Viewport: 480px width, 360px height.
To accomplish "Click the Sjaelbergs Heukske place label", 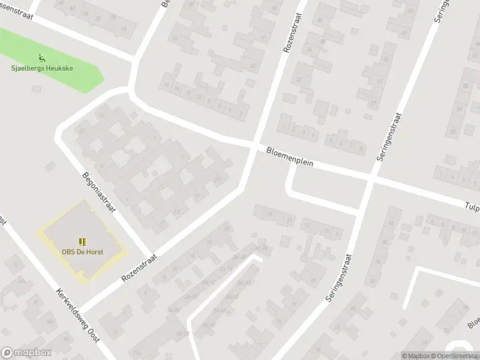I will click(42, 68).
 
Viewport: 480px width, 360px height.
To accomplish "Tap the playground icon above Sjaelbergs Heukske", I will click(41, 58).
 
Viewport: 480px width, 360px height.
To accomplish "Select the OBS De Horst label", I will click(82, 251).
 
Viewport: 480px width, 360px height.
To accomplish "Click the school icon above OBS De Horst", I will click(82, 242).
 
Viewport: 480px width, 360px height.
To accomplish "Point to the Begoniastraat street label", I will click(99, 197).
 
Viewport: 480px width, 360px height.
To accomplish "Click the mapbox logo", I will click(27, 353).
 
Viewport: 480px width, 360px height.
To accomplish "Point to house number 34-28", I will click(261, 248).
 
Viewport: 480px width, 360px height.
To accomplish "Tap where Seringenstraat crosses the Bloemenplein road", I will click(371, 179).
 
